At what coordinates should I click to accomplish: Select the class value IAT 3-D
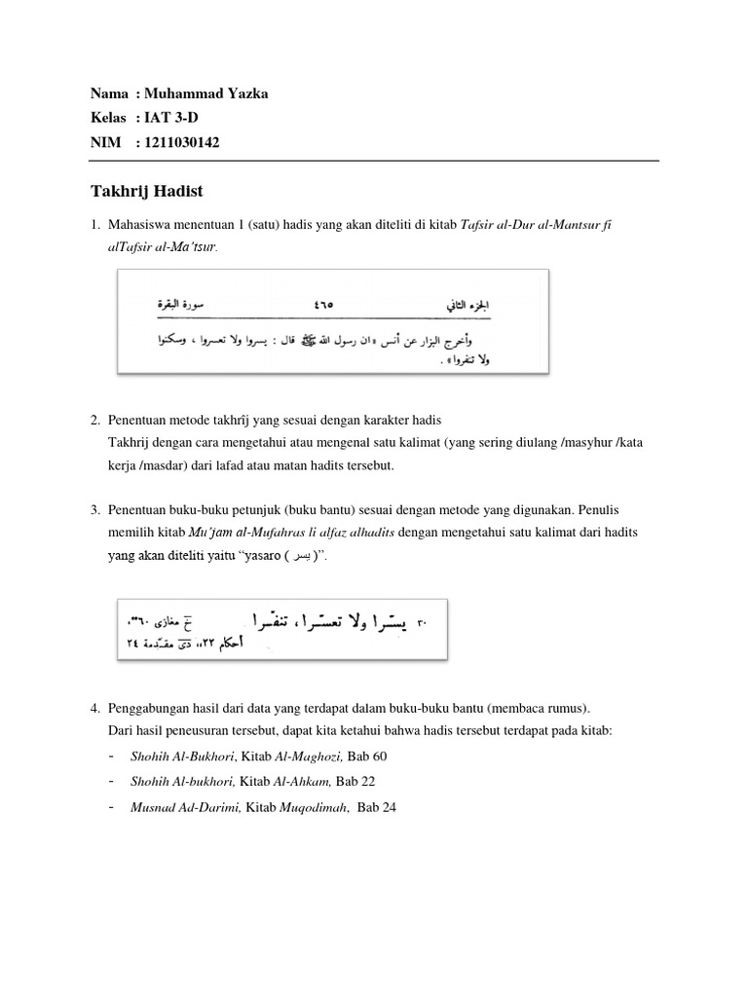175,118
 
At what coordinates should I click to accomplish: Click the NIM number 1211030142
181,143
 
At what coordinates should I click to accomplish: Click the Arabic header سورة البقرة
184,304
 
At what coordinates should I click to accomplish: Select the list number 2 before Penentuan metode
95,420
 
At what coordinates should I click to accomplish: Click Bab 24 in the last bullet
377,807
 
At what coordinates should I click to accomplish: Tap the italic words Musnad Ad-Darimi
183,807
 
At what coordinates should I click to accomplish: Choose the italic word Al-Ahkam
304,782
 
